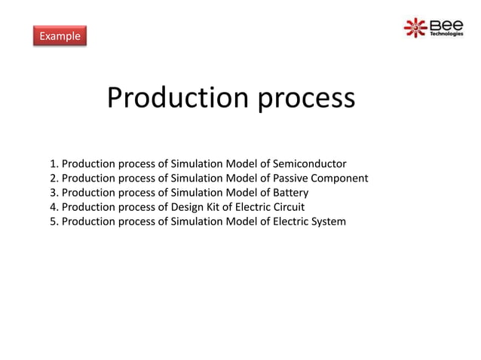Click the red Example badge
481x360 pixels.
tap(60, 35)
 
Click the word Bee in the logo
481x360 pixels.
tap(446, 25)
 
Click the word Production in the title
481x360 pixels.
tap(178, 98)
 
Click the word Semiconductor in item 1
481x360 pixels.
tap(310, 163)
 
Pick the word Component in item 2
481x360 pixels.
tap(342, 178)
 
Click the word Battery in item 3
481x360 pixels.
tap(290, 192)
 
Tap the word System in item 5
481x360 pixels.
tap(327, 221)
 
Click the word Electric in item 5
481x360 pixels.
tap(290, 221)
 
